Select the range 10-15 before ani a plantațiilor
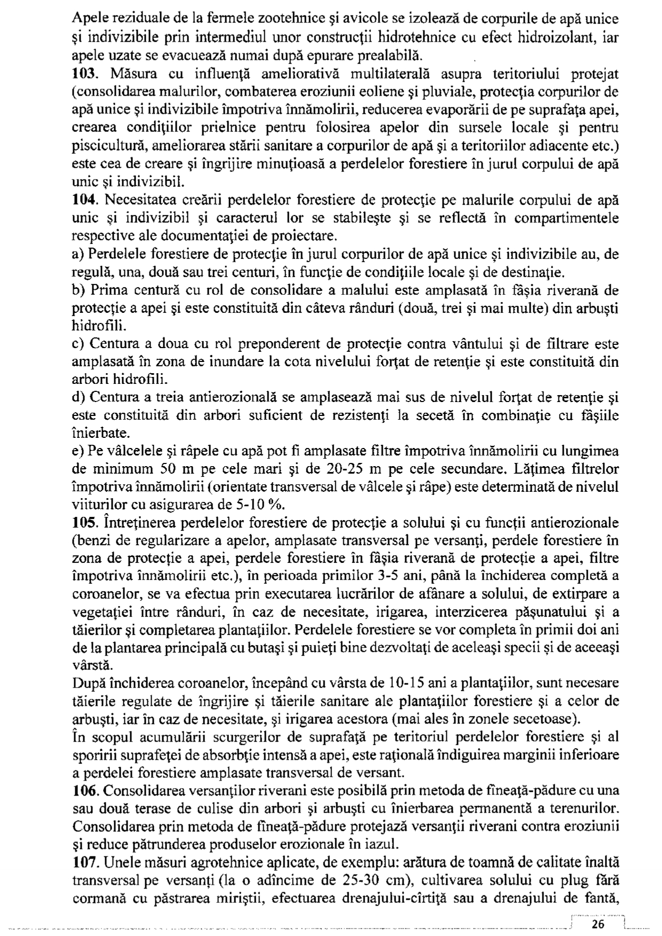click(410, 683)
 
